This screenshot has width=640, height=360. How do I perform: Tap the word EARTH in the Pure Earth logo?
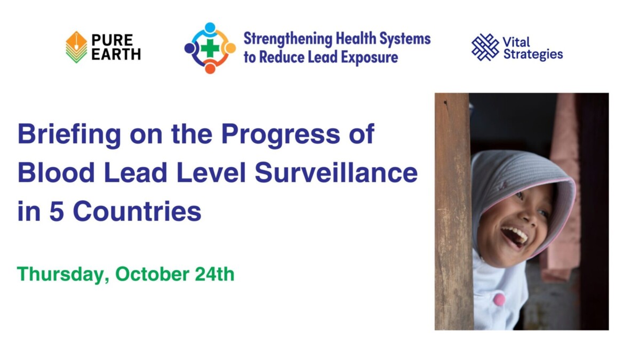pyautogui.click(x=116, y=54)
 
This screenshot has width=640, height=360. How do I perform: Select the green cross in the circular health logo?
pyautogui.click(x=210, y=49)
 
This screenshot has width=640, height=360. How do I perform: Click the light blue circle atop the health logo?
pyautogui.click(x=210, y=27)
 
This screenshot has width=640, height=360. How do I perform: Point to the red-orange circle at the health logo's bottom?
pyautogui.click(x=210, y=69)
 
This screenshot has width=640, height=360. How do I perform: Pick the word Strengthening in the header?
pyautogui.click(x=287, y=39)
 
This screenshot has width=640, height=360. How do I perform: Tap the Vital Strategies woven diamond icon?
pyautogui.click(x=485, y=47)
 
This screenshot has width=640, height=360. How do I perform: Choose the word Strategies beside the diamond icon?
pyautogui.click(x=533, y=54)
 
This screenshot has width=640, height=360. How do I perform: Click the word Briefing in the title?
pyautogui.click(x=69, y=135)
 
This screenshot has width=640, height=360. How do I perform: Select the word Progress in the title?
pyautogui.click(x=281, y=135)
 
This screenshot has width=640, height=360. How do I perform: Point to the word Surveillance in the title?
pyautogui.click(x=336, y=173)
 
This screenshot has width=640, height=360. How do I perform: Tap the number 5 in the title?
pyautogui.click(x=57, y=211)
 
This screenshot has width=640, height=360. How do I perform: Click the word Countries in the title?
pyautogui.click(x=137, y=211)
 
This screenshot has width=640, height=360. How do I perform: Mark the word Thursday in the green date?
pyautogui.click(x=63, y=274)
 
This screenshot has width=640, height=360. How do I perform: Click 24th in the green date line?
pyautogui.click(x=214, y=274)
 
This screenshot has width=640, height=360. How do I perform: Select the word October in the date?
pyautogui.click(x=152, y=274)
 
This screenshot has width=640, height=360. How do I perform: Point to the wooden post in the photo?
pyautogui.click(x=454, y=211)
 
